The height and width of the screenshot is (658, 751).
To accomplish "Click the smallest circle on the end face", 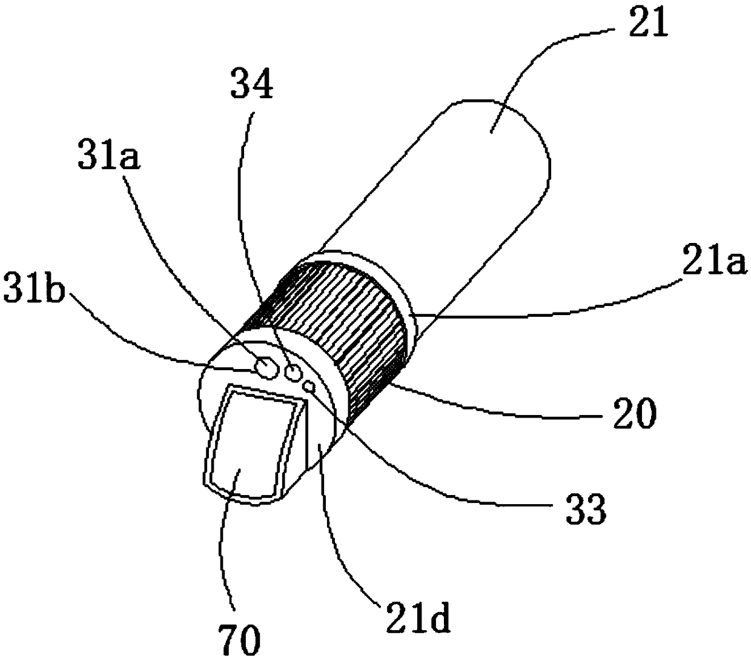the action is point(310,387).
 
